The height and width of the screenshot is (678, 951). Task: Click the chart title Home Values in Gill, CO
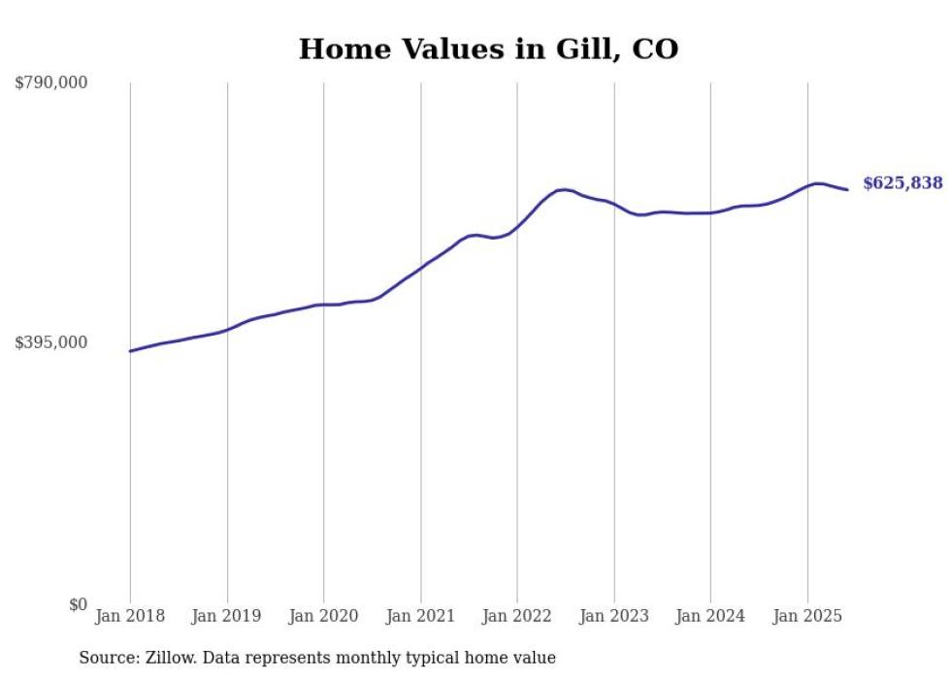(488, 48)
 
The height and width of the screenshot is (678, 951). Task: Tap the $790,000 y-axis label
(51, 83)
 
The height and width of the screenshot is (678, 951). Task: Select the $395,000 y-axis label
(51, 342)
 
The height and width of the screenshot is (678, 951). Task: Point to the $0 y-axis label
(78, 604)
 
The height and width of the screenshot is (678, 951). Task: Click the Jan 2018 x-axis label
(130, 616)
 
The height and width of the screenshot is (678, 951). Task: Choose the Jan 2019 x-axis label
(227, 616)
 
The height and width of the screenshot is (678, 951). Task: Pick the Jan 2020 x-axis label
(323, 616)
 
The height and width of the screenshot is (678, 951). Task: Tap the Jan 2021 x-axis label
(420, 616)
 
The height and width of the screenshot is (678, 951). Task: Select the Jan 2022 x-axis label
(517, 616)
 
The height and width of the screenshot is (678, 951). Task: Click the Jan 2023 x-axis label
(613, 616)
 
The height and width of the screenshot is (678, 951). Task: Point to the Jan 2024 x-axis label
(710, 616)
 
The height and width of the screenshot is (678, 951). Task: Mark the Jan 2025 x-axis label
(807, 616)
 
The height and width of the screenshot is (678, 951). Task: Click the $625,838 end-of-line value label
(902, 182)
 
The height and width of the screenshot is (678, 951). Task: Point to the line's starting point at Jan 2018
(130, 351)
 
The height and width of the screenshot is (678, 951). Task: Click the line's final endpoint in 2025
(848, 189)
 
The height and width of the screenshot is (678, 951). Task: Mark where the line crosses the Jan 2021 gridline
(420, 267)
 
